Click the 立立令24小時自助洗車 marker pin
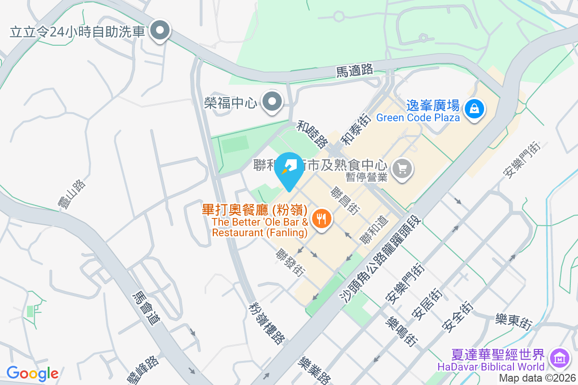pyautogui.click(x=159, y=32)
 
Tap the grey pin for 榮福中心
pyautogui.click(x=272, y=102)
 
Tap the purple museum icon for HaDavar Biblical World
pyautogui.click(x=559, y=358)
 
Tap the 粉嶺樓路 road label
pyautogui.click(x=266, y=323)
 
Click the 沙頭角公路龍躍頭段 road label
pyautogui.click(x=381, y=260)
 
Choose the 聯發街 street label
pyautogui.click(x=290, y=262)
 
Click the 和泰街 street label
pyautogui.click(x=355, y=130)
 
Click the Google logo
pyautogui.click(x=32, y=373)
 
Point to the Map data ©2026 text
pyautogui.click(x=537, y=378)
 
